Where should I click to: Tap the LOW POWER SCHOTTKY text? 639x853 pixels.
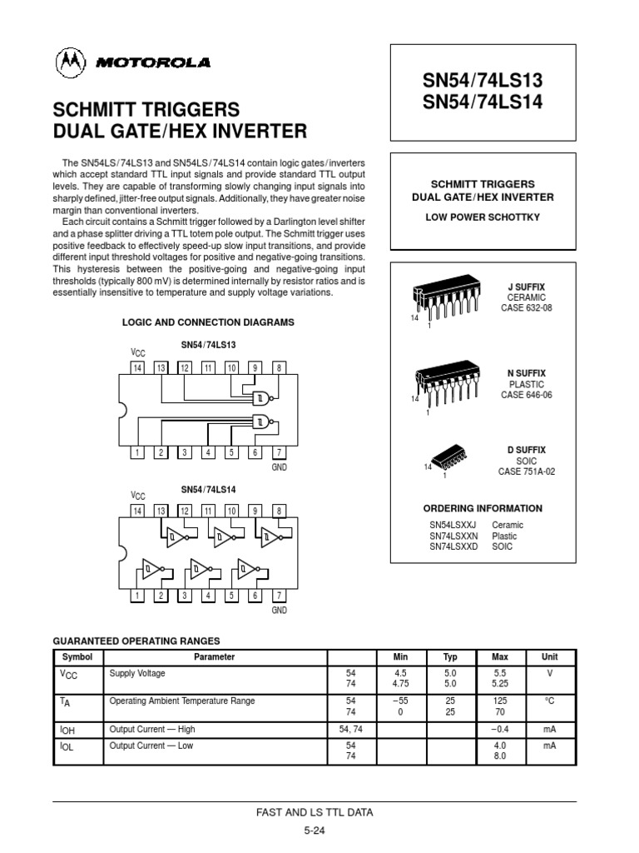click(x=483, y=217)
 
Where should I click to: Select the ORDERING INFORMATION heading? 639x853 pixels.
click(x=483, y=508)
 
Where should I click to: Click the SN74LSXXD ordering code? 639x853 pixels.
click(x=453, y=546)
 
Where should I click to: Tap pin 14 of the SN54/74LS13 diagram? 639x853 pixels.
click(x=138, y=368)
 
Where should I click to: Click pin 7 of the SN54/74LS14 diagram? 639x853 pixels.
click(x=280, y=596)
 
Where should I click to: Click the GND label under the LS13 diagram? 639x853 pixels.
click(x=280, y=469)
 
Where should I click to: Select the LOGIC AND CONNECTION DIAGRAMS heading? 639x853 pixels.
click(x=208, y=322)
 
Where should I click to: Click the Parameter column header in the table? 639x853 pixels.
click(x=215, y=656)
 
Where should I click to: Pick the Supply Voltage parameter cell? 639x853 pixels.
click(x=138, y=672)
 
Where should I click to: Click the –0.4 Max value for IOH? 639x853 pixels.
click(x=500, y=729)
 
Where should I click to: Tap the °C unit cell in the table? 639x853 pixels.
click(x=549, y=701)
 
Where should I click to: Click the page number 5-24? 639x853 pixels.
click(x=314, y=831)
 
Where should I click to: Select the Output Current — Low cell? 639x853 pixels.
click(x=151, y=746)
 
